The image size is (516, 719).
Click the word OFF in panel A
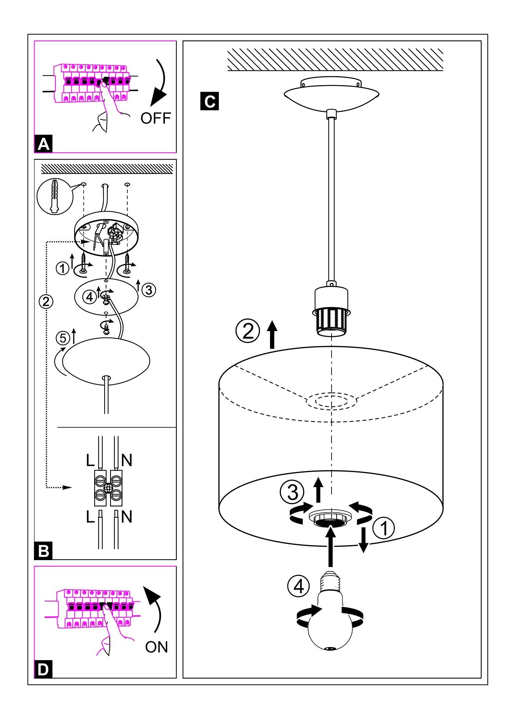[155, 118]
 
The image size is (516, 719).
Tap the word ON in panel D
[156, 647]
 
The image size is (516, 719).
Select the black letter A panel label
[44, 144]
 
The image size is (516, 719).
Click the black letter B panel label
[44, 551]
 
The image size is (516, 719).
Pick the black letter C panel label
[210, 101]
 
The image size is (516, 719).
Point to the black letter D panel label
[43, 670]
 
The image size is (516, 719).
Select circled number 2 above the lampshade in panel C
[247, 331]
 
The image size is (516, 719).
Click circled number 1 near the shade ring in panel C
[384, 528]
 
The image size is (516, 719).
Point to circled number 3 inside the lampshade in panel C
[292, 491]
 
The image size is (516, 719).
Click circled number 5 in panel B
[63, 338]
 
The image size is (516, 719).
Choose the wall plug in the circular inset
[55, 197]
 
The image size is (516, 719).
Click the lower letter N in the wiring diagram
[127, 517]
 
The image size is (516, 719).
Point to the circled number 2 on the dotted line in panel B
[46, 301]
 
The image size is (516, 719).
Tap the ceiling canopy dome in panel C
[331, 95]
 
